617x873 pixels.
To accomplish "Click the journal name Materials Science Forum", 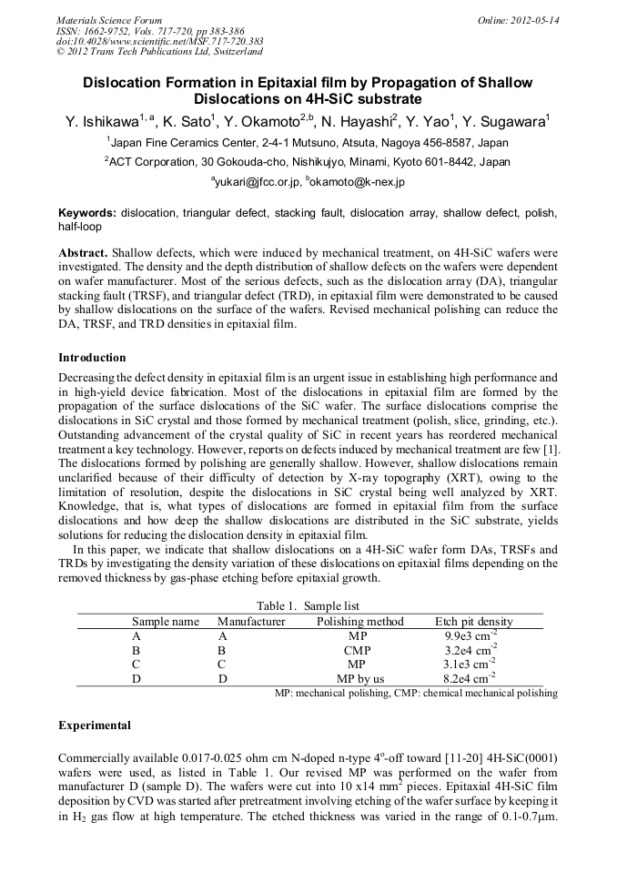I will coord(109,19).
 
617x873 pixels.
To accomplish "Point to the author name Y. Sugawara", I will coord(505,122).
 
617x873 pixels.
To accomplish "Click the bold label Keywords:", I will coord(87,213).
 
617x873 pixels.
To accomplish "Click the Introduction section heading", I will coord(92,358).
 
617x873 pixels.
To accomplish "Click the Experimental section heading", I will coord(95,726).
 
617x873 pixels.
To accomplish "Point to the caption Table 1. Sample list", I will coord(308,606).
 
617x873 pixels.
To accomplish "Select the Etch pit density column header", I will coord(473,622).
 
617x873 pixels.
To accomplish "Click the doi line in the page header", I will coord(160,41).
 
